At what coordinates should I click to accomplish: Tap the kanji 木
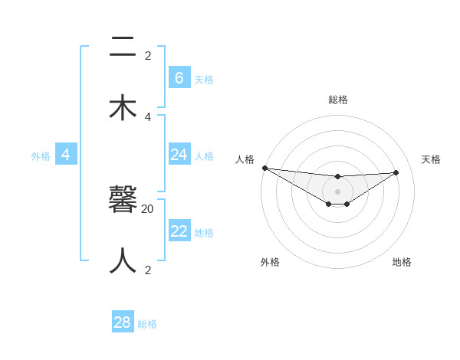click(123, 107)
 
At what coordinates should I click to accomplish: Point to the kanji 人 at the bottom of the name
click(123, 261)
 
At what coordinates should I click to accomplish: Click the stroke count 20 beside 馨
click(148, 208)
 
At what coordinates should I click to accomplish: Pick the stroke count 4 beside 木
click(148, 116)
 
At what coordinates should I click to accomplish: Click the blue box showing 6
click(179, 78)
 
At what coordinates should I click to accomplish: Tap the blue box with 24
click(179, 155)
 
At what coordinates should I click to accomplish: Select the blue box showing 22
click(179, 231)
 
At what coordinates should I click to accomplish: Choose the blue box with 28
click(123, 322)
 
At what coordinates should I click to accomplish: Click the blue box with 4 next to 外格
click(66, 155)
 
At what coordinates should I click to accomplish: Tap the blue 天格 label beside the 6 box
click(204, 79)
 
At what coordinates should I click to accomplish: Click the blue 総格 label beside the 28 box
click(147, 324)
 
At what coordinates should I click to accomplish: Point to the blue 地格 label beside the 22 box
click(204, 232)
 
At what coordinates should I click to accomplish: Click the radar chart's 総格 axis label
click(337, 100)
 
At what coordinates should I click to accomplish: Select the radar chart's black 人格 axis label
click(245, 159)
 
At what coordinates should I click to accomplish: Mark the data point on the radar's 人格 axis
click(264, 168)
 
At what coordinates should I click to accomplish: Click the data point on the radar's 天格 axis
click(396, 172)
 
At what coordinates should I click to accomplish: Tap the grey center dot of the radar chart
click(337, 191)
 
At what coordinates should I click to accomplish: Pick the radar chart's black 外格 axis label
click(270, 262)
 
